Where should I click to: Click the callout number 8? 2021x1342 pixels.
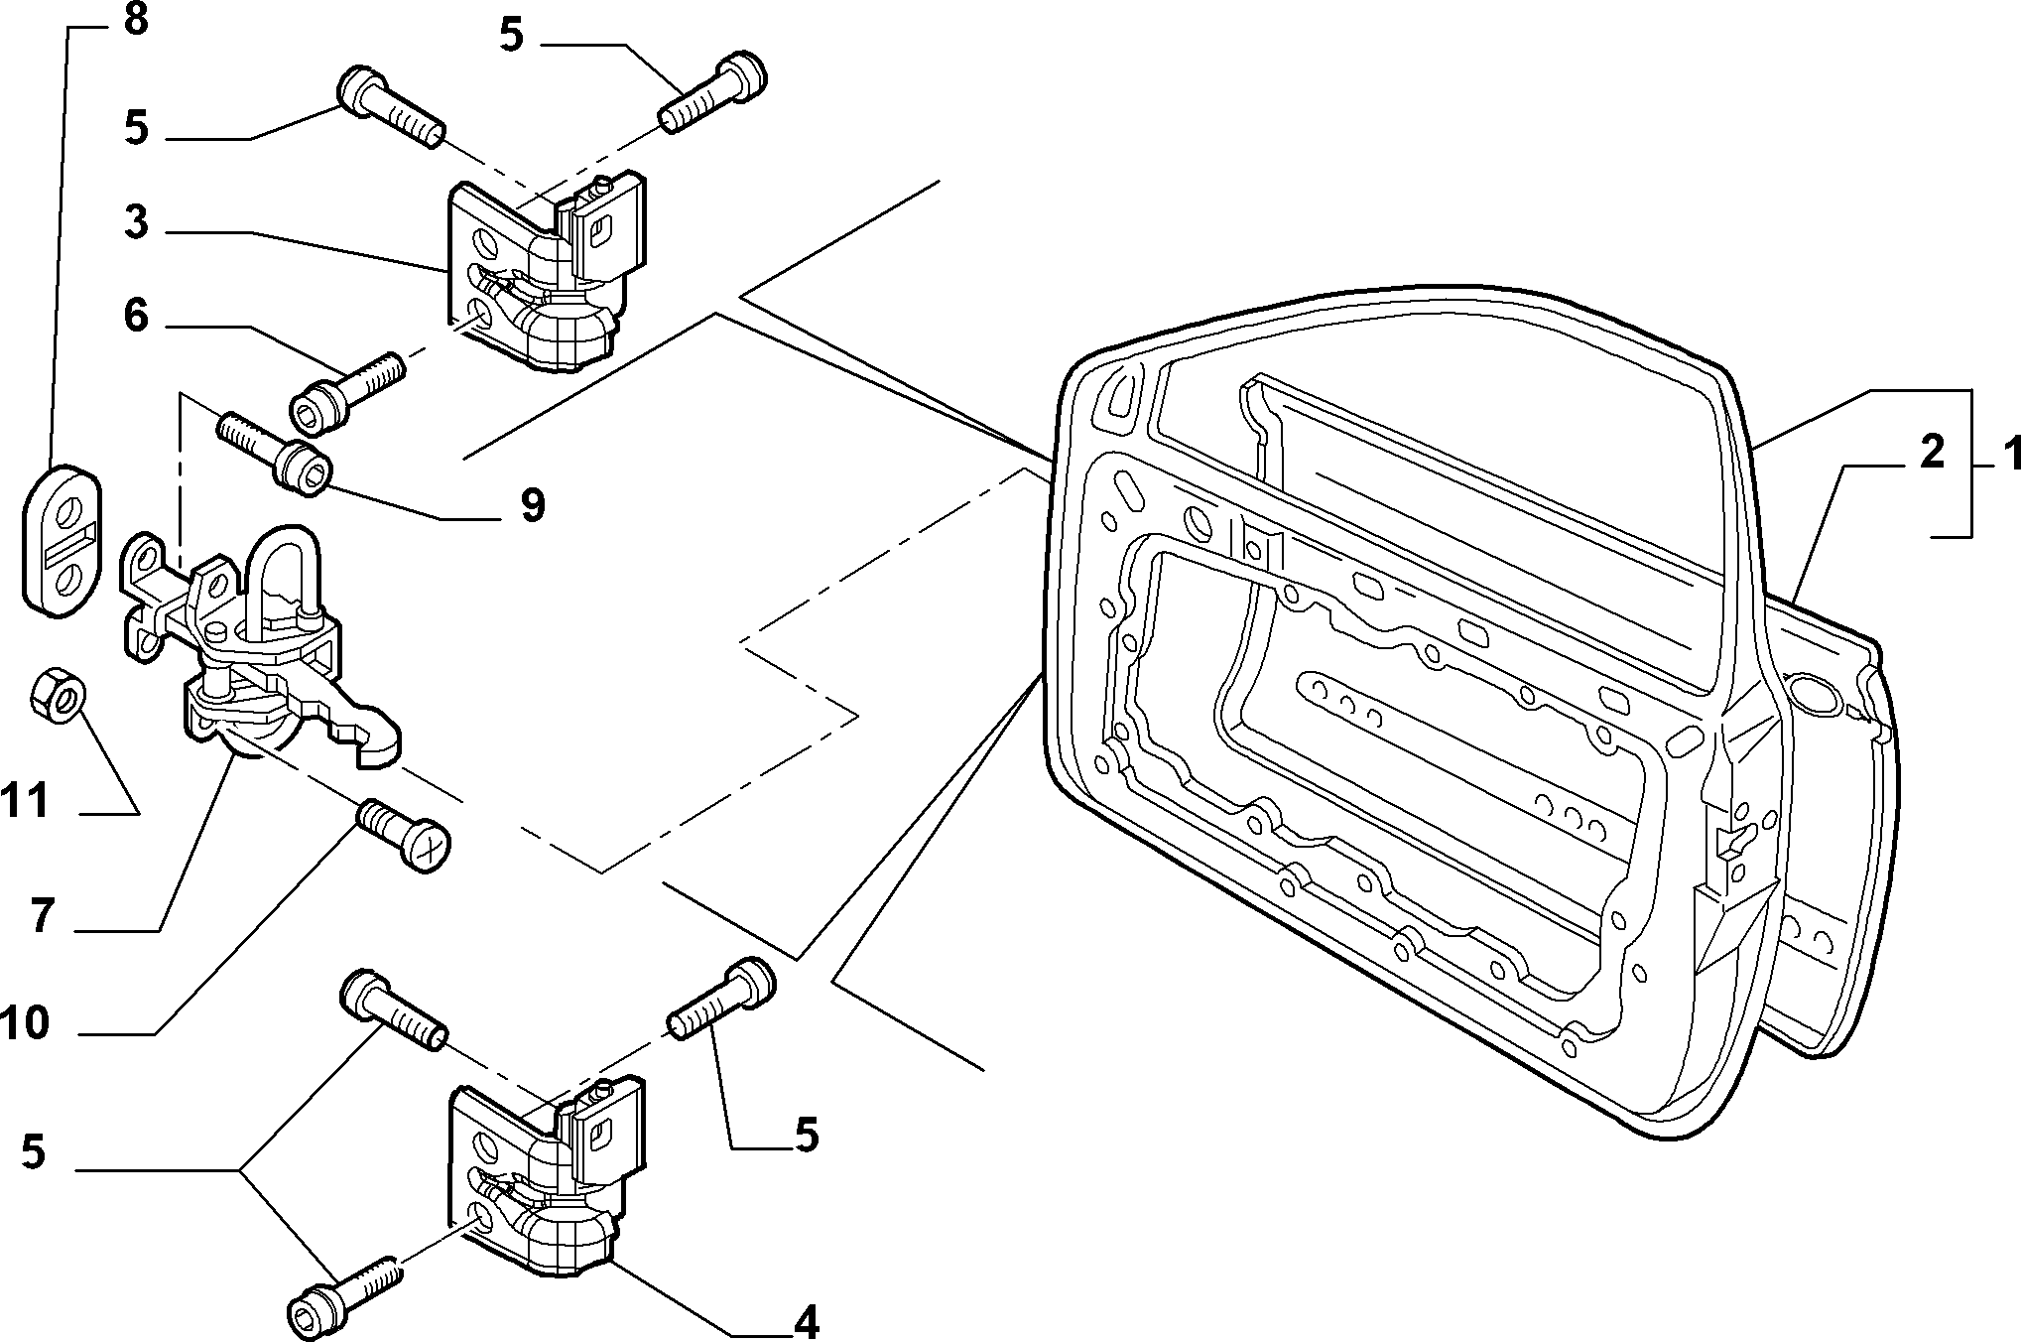point(136,20)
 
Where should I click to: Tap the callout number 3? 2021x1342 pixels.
point(136,223)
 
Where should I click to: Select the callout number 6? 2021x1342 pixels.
point(136,317)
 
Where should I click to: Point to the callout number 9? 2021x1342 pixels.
point(533,506)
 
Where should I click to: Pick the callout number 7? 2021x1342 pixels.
point(41,916)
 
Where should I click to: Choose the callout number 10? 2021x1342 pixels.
point(25,1023)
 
